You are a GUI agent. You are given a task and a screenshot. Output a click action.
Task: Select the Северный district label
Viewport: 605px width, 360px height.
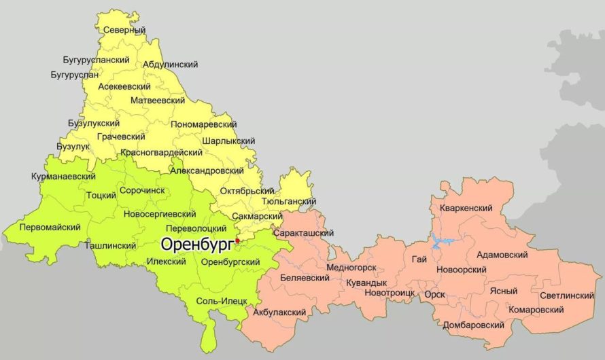(125, 30)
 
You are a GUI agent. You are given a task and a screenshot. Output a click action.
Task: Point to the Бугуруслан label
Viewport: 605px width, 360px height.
(74, 74)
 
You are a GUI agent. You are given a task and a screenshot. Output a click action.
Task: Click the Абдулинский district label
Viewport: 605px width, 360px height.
(170, 65)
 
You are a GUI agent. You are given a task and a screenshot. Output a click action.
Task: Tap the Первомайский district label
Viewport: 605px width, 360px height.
(50, 227)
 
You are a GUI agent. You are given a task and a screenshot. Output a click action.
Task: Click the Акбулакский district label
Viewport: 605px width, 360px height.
(279, 312)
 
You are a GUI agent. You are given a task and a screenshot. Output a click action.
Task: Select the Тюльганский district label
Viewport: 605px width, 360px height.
(288, 201)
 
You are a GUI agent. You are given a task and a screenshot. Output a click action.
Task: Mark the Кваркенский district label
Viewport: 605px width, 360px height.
(466, 208)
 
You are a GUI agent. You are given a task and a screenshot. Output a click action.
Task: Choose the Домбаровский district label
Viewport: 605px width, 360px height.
(473, 325)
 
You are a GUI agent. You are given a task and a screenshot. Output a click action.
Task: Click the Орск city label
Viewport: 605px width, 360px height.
(434, 295)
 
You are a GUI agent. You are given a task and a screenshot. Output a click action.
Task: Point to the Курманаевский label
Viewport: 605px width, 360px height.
(63, 177)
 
